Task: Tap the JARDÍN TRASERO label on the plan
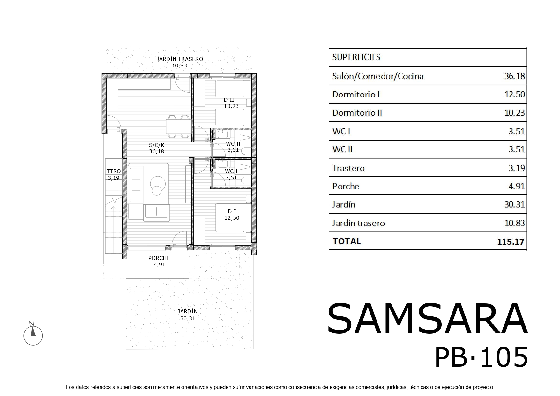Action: [x=180, y=59]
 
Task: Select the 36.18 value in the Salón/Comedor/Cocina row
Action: [x=514, y=76]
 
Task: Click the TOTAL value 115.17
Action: [x=511, y=241]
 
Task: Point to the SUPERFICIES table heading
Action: [x=356, y=57]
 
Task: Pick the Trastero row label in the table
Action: [x=348, y=168]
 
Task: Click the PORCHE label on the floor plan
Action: [x=159, y=258]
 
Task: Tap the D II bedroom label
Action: [x=229, y=100]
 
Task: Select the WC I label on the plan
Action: [x=231, y=171]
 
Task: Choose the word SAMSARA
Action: [x=427, y=319]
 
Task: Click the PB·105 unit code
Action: [x=481, y=357]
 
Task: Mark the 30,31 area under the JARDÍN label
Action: [x=188, y=318]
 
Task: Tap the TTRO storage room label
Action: [x=114, y=171]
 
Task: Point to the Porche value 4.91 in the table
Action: [x=517, y=186]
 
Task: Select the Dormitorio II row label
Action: [x=357, y=113]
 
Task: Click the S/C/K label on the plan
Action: [x=157, y=145]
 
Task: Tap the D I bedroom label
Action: [x=232, y=211]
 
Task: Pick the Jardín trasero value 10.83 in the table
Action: [x=514, y=223]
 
